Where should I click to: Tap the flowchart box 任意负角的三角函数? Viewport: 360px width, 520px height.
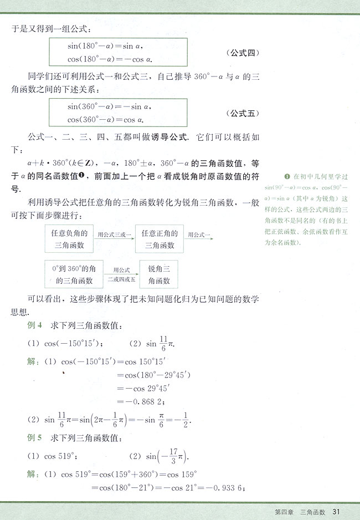pyautogui.click(x=68, y=239)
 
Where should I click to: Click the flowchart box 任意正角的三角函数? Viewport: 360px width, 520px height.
pyautogui.click(x=159, y=239)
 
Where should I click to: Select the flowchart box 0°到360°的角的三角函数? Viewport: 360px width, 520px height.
pyautogui.click(x=71, y=274)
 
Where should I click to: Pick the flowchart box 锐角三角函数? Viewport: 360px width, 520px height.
pyautogui.click(x=159, y=274)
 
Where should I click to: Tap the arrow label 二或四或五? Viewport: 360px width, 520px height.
pyautogui.click(x=121, y=279)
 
